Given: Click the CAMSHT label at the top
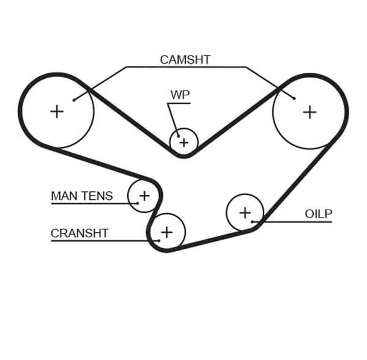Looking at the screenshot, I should (185, 59).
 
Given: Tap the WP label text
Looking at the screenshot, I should (180, 95).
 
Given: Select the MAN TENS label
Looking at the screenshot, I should (81, 196).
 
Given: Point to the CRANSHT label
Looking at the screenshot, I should (79, 233).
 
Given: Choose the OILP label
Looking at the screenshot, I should (318, 214).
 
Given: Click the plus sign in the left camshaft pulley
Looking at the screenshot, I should (57, 111).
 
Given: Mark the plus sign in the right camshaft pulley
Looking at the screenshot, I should (310, 112).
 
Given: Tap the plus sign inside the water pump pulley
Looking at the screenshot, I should (183, 143).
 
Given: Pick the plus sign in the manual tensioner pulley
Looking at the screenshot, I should (144, 196).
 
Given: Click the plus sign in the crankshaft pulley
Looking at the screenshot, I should (166, 232).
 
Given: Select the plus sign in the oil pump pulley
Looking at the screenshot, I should (245, 213).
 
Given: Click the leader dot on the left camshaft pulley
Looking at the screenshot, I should (74, 100).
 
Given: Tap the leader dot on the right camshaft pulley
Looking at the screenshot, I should (294, 98).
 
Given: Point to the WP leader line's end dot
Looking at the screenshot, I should (177, 136).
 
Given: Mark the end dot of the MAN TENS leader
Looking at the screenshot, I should (138, 203).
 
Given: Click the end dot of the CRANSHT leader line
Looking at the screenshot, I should (158, 240).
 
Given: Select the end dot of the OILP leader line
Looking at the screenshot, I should (253, 221).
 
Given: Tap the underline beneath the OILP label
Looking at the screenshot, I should (306, 221).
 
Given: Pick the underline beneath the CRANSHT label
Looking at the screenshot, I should (92, 240).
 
